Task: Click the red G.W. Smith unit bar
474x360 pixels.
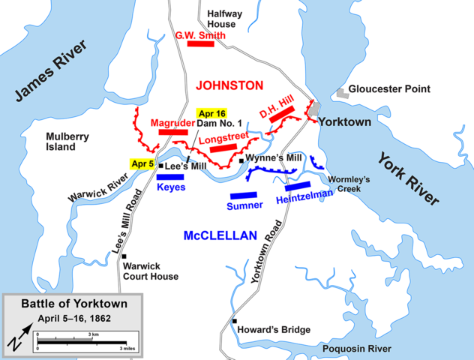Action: [201, 44]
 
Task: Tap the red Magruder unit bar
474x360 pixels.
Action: [173, 133]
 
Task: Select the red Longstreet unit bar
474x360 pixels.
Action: [223, 148]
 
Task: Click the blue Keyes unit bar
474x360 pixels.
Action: [170, 178]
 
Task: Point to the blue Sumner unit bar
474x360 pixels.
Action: [244, 195]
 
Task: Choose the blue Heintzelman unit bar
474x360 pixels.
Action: [297, 186]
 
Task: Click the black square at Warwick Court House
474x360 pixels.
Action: [124, 256]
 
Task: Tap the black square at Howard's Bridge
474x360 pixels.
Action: [235, 321]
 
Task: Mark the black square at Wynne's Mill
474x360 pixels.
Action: [241, 160]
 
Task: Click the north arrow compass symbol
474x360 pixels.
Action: [17, 339]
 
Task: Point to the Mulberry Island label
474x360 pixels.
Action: [61, 142]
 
